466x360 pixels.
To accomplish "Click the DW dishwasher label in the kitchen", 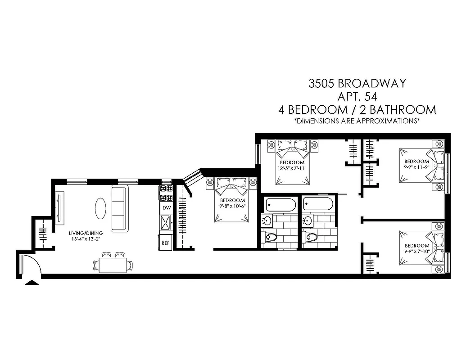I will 166,208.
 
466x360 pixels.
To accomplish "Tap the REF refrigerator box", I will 165,243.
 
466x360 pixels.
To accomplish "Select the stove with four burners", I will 166,193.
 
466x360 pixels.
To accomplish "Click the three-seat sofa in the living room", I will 120,208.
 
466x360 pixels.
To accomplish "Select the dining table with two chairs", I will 113,263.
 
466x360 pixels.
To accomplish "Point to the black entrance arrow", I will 32,283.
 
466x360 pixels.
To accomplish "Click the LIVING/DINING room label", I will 86,233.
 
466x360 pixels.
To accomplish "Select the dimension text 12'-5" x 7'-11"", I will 292,169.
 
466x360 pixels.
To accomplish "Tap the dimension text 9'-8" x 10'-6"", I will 232,207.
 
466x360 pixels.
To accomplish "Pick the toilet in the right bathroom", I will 311,237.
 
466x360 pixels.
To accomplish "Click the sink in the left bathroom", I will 267,220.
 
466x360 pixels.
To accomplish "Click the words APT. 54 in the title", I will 357,96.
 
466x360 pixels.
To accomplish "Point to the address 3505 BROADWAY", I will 357,83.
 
